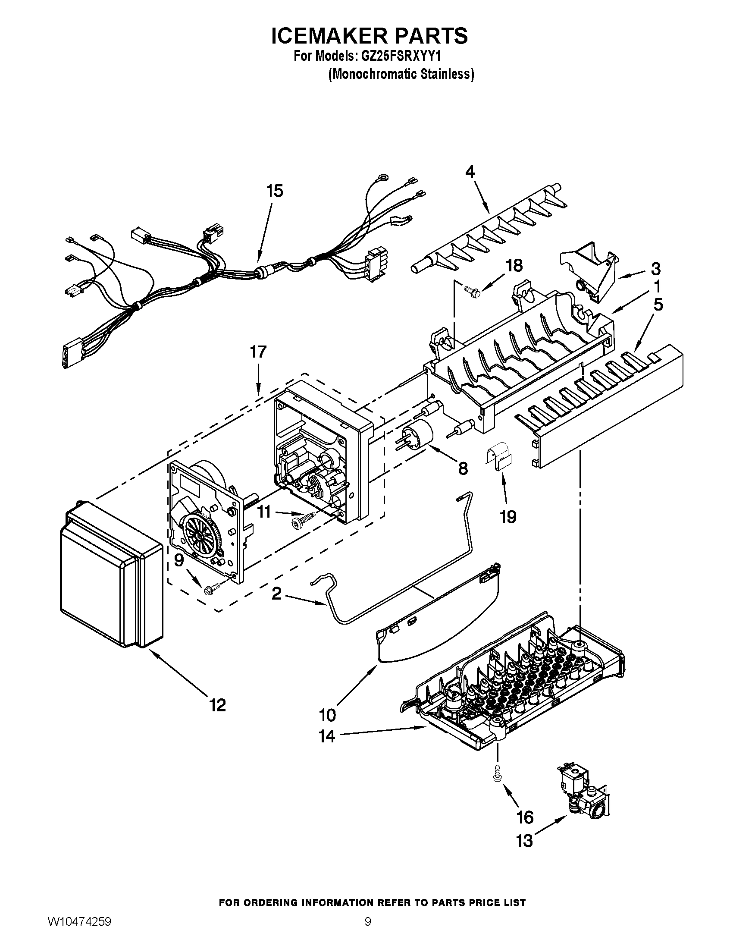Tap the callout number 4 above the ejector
coord(470,172)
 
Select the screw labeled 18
coord(470,289)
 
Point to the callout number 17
coord(258,352)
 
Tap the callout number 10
coord(327,714)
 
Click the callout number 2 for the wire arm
coord(277,594)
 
